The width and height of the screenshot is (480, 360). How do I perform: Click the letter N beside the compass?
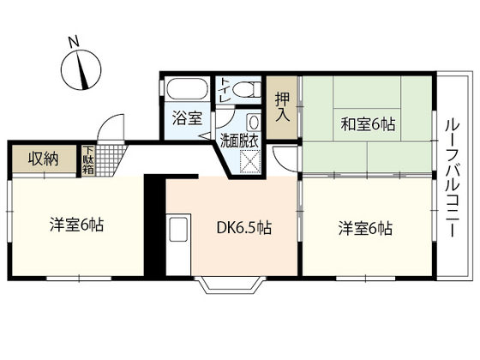(x=74, y=40)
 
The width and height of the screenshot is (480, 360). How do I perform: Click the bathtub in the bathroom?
(x=188, y=90)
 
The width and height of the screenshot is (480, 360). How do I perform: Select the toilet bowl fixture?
(x=245, y=89)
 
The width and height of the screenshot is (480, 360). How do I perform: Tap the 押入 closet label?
(x=281, y=105)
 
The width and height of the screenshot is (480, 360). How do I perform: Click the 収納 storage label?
(x=42, y=159)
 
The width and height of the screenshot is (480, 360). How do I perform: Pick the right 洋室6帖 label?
(x=365, y=229)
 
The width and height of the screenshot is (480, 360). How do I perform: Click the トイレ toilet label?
(x=225, y=90)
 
